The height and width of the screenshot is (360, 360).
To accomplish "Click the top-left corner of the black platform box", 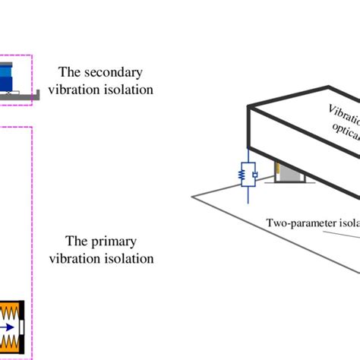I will [x=248, y=107].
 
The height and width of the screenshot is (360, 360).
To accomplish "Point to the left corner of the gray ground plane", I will [x=192, y=197].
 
